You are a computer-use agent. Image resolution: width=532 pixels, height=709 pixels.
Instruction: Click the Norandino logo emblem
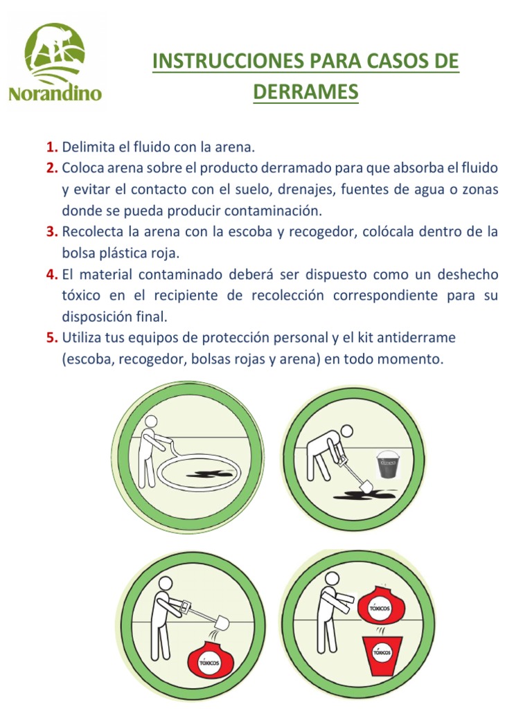coord(55,53)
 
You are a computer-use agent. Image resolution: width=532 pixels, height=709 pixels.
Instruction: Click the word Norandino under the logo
coord(55,93)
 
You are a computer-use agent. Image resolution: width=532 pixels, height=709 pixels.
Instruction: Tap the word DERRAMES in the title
coord(305,92)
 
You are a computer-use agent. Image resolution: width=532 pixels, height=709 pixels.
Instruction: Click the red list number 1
coord(51,147)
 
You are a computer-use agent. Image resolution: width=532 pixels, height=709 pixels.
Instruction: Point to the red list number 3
coord(51,232)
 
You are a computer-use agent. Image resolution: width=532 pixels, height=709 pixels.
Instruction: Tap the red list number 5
coord(51,338)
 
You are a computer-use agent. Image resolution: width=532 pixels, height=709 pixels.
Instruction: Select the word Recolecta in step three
coord(91,232)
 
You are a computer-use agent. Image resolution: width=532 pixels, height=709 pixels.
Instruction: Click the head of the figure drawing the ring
coord(150,422)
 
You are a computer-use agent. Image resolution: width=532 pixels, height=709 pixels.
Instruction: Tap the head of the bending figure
coord(346,431)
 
